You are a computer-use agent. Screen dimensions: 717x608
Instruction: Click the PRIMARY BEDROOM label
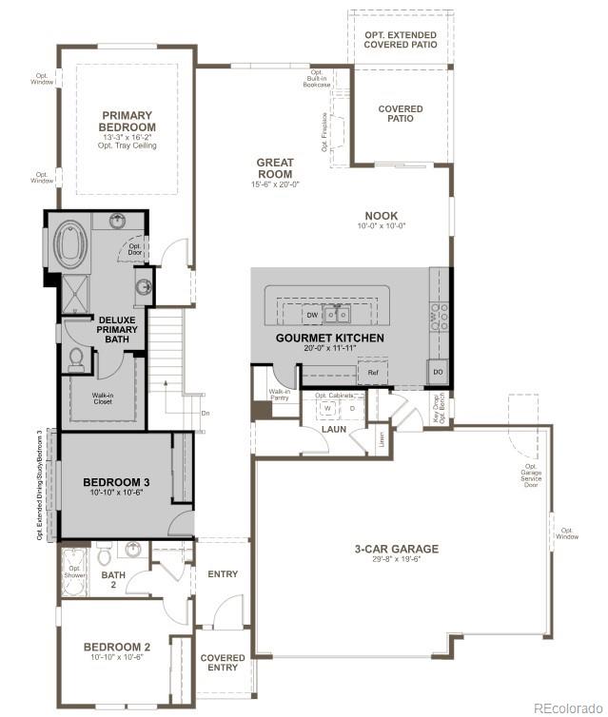(127, 121)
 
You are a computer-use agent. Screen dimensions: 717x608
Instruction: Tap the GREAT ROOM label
(274, 168)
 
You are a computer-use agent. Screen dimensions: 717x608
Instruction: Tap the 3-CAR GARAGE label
(397, 549)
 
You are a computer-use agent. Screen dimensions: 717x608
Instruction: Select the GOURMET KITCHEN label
(329, 338)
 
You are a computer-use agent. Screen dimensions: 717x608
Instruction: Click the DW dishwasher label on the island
(311, 314)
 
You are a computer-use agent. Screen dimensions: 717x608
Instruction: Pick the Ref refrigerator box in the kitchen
(372, 373)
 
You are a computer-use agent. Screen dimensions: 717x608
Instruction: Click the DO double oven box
(438, 372)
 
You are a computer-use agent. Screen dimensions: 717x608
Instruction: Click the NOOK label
(381, 216)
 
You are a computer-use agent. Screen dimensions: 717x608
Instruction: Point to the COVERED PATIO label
(401, 114)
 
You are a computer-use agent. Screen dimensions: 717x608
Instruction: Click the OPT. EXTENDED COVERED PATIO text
(401, 39)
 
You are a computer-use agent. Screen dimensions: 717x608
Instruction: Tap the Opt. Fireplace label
(324, 134)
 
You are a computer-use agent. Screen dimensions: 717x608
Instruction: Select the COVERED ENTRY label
(223, 662)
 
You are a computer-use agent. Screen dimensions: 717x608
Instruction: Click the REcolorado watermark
(567, 707)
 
